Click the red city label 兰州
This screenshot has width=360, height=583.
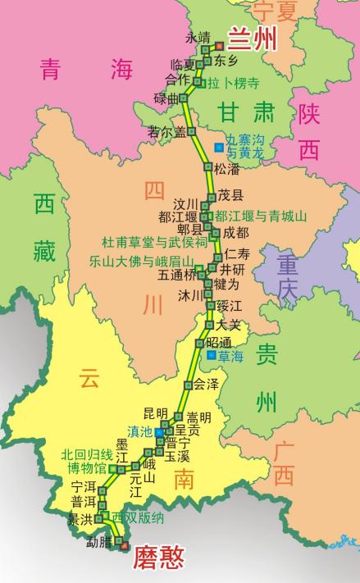click(x=252, y=38)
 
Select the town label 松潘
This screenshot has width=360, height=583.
click(x=227, y=170)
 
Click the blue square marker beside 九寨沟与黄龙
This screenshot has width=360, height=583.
click(x=218, y=148)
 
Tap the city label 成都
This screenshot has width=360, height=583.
click(x=235, y=233)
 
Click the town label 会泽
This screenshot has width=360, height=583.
click(x=206, y=384)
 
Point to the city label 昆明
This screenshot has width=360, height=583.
click(x=155, y=412)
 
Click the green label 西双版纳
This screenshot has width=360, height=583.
click(x=139, y=518)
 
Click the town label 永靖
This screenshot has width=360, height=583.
click(x=198, y=38)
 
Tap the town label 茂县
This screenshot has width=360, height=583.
click(x=230, y=195)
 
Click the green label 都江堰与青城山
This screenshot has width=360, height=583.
click(x=261, y=216)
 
